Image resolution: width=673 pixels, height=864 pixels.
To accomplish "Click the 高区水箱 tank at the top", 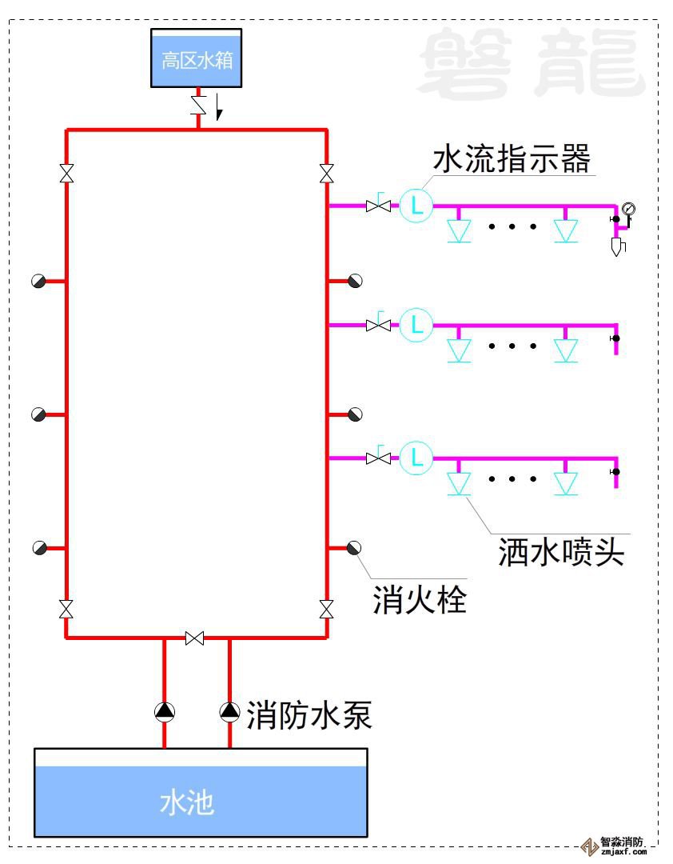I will click(197, 59).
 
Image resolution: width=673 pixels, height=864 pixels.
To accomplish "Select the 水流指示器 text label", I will click(512, 158).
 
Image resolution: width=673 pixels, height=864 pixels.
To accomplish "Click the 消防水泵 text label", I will click(309, 714).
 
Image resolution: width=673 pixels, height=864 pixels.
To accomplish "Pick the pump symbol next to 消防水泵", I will click(230, 710).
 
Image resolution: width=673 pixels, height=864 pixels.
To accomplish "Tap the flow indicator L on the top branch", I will click(416, 206).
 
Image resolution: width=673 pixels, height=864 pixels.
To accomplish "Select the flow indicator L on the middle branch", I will click(416, 325).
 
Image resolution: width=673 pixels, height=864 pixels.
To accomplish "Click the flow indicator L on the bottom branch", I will click(416, 458).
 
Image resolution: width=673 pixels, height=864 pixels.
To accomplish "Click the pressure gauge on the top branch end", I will click(628, 208).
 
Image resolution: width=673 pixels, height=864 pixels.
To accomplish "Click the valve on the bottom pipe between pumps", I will click(194, 638).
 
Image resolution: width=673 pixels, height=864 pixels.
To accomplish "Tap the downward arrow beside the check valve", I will click(218, 110).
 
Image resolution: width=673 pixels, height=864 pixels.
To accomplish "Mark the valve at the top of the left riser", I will click(66, 174).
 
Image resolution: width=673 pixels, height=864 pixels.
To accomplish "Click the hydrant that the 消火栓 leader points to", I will click(355, 548).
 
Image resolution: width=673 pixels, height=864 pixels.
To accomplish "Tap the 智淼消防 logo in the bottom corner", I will click(615, 846).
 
